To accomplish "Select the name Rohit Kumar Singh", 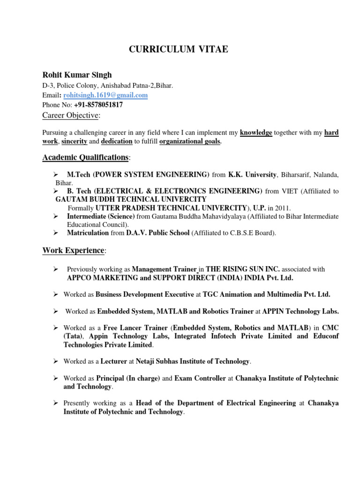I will (x=77, y=75).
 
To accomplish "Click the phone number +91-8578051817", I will (x=98, y=105).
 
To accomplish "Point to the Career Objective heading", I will (x=71, y=115).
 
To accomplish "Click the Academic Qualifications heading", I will (x=85, y=157).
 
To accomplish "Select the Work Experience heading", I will (x=74, y=250).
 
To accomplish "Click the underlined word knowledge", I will (x=256, y=133).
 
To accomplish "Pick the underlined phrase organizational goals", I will (x=190, y=141).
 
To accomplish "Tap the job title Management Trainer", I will (x=164, y=269).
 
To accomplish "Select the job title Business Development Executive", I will (x=145, y=294).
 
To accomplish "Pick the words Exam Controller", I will (x=200, y=378).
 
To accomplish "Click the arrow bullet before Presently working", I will (x=55, y=403).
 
